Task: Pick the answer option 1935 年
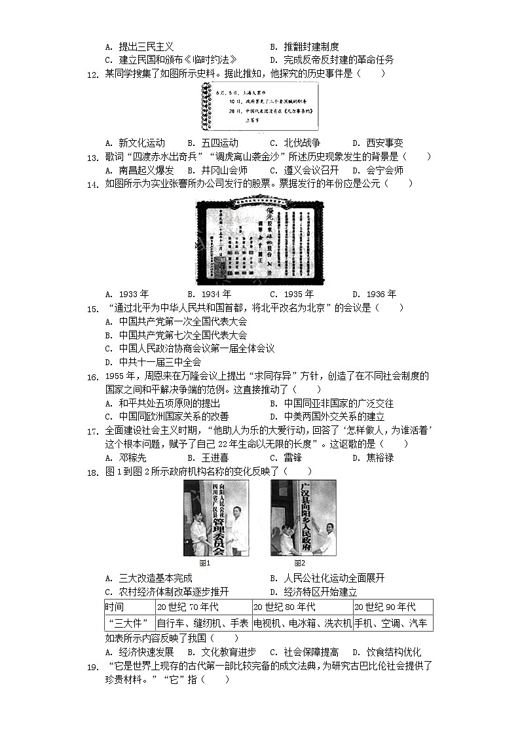point(292,294)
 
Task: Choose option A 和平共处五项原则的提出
point(167,403)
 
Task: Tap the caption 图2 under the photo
point(300,563)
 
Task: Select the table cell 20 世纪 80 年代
point(286,607)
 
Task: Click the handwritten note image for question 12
point(261,108)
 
